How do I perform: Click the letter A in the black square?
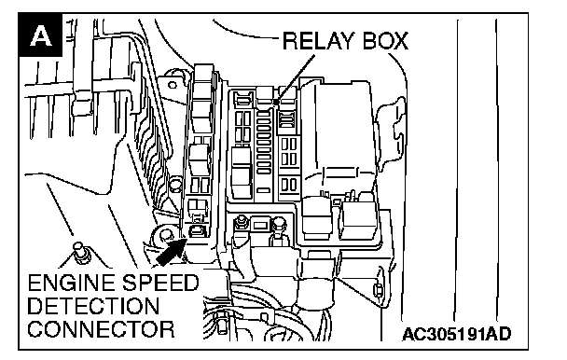(40, 35)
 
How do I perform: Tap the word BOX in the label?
(385, 40)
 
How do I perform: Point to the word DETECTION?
(93, 306)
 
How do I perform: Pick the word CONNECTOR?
(102, 329)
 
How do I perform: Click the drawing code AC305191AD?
(457, 334)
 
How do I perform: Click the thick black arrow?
(171, 252)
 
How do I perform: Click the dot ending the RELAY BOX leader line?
(276, 103)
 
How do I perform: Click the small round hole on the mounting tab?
(173, 86)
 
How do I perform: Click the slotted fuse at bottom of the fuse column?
(263, 190)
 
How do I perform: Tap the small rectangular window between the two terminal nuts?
(260, 226)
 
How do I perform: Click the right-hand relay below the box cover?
(358, 220)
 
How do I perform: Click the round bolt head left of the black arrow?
(164, 235)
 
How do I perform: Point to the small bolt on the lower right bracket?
(378, 289)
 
